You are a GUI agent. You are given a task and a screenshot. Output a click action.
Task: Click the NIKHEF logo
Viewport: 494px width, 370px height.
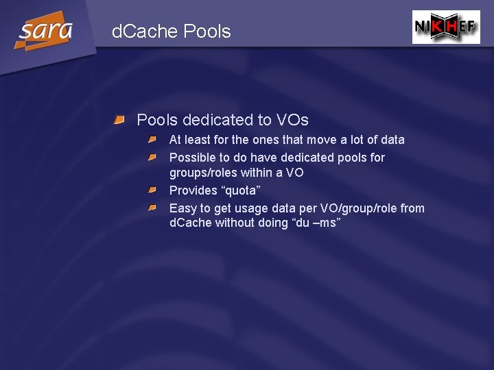[x=446, y=27]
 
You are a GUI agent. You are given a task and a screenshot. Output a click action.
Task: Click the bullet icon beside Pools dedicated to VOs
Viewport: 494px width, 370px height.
[x=119, y=121]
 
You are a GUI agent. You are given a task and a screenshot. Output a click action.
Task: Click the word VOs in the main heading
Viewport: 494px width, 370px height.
[x=292, y=121]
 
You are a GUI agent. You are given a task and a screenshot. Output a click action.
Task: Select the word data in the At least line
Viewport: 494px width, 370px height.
[x=392, y=140]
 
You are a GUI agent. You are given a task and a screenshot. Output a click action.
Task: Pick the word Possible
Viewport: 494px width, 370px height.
[x=193, y=158]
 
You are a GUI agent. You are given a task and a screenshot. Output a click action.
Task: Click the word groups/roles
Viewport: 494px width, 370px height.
[x=204, y=173]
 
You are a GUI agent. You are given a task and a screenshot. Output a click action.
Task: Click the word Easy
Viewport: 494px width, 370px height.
[x=183, y=208]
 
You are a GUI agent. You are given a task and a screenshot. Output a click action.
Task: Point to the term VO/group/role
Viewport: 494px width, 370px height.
[x=357, y=208]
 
